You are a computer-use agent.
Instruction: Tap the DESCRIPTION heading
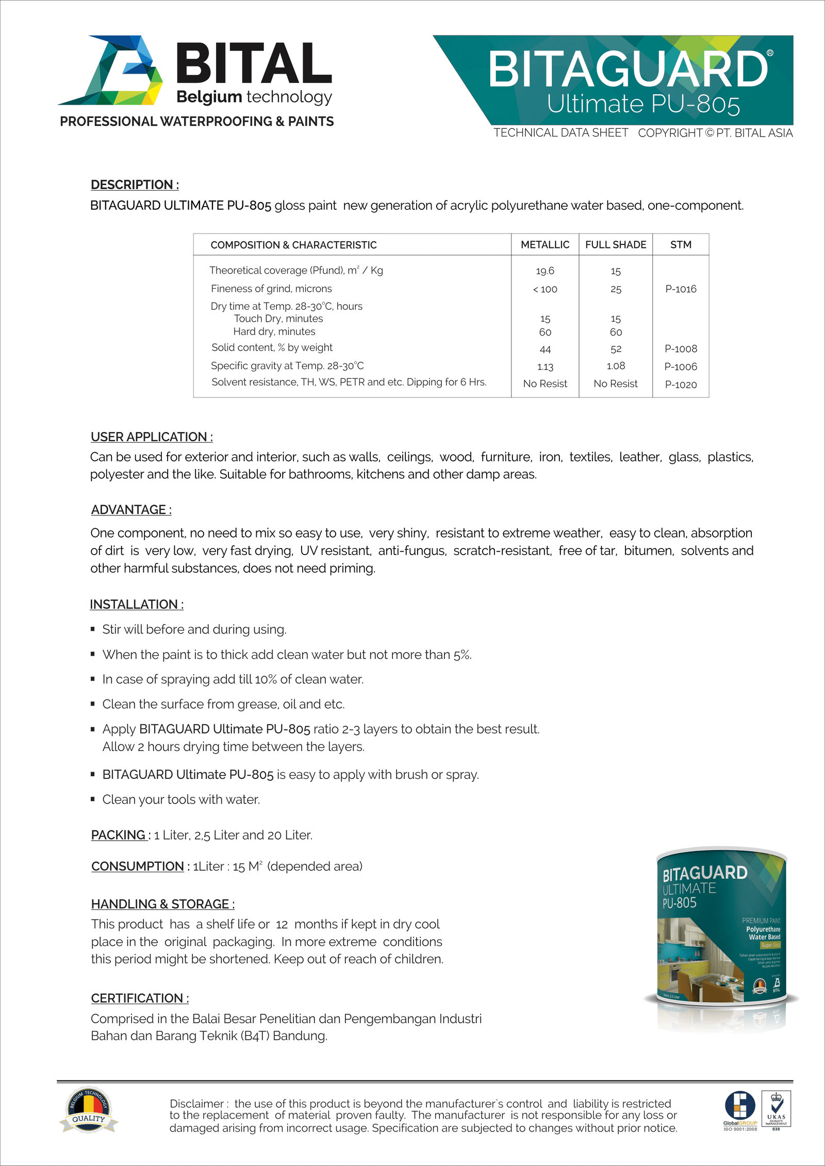click(135, 185)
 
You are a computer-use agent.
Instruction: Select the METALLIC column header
click(545, 245)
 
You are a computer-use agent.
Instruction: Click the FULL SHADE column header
click(616, 245)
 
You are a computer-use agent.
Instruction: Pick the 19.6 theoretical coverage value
click(545, 271)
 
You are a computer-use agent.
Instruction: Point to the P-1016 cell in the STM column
click(681, 289)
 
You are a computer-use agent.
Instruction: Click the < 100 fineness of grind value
click(545, 289)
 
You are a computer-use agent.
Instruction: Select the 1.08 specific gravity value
click(616, 366)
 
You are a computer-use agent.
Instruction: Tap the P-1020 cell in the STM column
click(681, 385)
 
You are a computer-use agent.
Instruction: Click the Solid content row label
click(272, 348)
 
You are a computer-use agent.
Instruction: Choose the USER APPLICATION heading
click(152, 437)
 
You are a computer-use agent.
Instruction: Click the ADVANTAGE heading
click(131, 510)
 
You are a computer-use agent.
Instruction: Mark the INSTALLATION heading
click(137, 604)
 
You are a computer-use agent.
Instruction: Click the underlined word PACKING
click(119, 835)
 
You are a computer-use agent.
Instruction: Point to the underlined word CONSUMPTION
click(138, 867)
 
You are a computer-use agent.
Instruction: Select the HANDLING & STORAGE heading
click(162, 904)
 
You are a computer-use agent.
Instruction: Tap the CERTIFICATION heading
click(140, 998)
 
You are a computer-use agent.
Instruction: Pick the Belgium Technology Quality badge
click(89, 1110)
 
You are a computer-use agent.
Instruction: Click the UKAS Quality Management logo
click(776, 1109)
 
